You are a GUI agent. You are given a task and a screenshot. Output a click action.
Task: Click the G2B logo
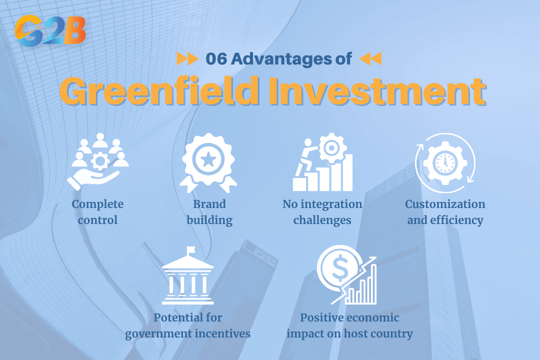pyautogui.click(x=50, y=30)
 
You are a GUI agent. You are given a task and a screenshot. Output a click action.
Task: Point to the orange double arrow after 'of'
pyautogui.click(x=370, y=59)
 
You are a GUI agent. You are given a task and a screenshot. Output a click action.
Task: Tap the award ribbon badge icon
pyautogui.click(x=209, y=162)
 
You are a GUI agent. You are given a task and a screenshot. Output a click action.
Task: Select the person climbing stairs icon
pyautogui.click(x=322, y=163)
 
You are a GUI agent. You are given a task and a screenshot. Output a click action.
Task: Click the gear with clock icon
pyautogui.click(x=445, y=163)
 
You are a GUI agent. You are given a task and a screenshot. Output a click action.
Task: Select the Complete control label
pyautogui.click(x=97, y=212)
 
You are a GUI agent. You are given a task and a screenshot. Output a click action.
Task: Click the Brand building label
pyautogui.click(x=209, y=212)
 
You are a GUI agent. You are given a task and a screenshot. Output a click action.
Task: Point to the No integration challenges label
pyautogui.click(x=322, y=212)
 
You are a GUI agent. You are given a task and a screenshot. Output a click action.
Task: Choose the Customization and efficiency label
pyautogui.click(x=445, y=212)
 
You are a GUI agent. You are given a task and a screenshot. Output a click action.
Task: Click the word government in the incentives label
pyautogui.click(x=152, y=333)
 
